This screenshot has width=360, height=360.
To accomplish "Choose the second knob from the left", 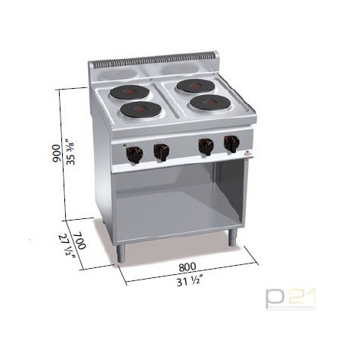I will (161, 152).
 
